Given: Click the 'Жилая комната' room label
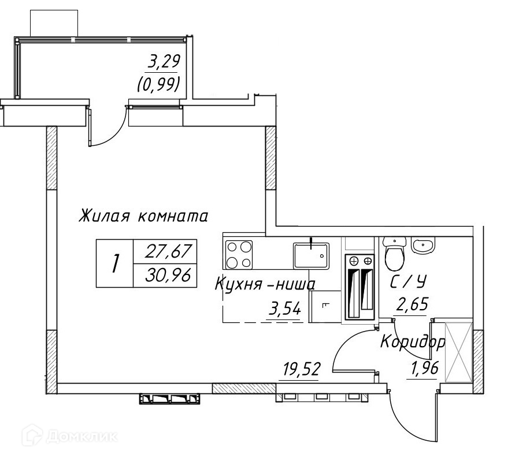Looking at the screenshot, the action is click(143, 216).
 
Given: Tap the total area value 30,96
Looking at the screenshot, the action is click(168, 274).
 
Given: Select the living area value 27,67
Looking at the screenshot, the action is click(168, 251).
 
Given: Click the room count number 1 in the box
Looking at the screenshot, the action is click(115, 263).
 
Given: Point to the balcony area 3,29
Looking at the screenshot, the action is click(164, 62).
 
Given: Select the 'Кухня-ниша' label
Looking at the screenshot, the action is click(265, 284).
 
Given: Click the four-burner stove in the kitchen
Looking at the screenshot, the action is click(239, 254).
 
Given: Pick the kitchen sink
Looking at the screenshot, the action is click(311, 255).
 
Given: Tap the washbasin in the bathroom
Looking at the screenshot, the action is click(422, 245).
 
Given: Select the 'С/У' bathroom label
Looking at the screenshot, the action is click(408, 281).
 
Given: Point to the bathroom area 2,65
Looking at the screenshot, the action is click(412, 304).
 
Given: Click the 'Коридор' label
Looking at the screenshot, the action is click(413, 342).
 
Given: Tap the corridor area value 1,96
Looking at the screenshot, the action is click(425, 367).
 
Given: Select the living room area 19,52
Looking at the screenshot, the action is click(301, 369).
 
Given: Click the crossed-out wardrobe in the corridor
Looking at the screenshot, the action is click(459, 352).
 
